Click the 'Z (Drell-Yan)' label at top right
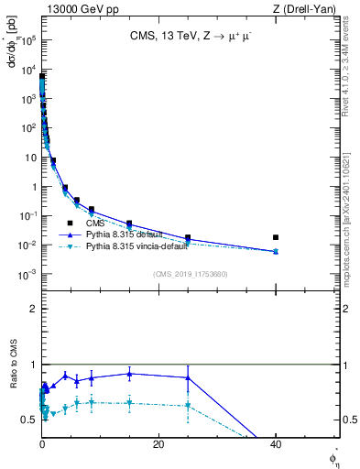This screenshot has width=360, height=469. (x=308, y=8)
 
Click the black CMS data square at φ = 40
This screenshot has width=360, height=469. (x=276, y=237)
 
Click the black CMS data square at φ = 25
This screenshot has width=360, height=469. (x=188, y=238)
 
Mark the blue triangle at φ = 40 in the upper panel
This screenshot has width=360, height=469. (x=276, y=251)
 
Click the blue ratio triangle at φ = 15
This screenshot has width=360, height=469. (x=129, y=374)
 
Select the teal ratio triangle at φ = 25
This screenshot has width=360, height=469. (x=188, y=405)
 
